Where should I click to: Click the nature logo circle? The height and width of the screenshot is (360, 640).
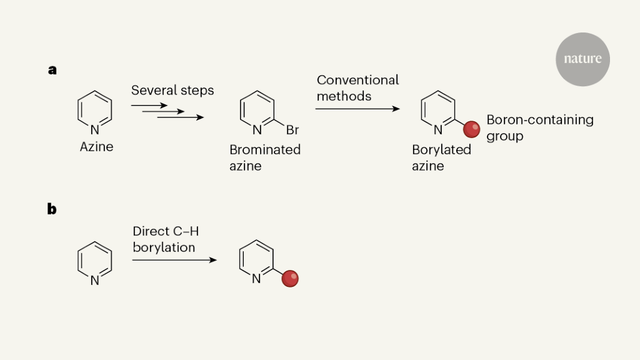click(582, 59)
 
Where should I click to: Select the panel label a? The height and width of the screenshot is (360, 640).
click(52, 70)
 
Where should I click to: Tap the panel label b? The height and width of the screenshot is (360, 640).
click(52, 209)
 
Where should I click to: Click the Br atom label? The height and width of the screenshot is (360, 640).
click(292, 131)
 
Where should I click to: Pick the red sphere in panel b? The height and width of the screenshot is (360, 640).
click(290, 279)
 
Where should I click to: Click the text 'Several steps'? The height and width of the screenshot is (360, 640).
click(172, 91)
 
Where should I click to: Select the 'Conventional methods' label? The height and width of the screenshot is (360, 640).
click(357, 88)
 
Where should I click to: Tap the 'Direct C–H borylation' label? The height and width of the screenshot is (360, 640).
click(165, 239)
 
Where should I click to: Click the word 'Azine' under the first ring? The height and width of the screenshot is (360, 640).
click(96, 147)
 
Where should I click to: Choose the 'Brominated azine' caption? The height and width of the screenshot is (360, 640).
click(265, 157)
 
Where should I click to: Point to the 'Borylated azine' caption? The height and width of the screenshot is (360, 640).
click(441, 157)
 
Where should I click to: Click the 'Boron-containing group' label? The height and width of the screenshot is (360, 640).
click(539, 127)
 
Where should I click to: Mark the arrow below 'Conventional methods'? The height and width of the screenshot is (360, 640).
click(357, 109)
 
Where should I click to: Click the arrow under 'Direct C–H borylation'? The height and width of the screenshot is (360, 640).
click(174, 259)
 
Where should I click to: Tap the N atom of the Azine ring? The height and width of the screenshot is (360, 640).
click(94, 130)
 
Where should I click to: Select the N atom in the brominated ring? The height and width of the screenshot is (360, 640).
click(257, 131)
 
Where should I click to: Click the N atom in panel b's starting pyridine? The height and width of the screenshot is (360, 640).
click(94, 281)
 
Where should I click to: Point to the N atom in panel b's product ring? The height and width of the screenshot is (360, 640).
click(256, 279)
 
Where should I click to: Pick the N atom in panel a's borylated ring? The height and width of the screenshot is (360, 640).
click(438, 130)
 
